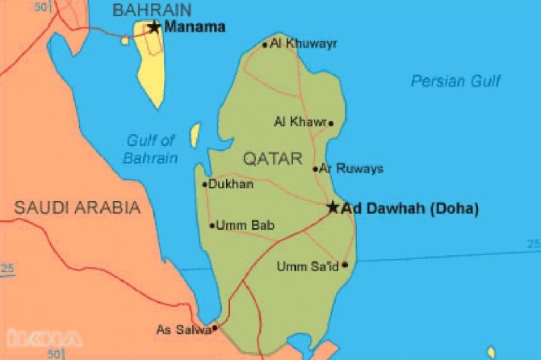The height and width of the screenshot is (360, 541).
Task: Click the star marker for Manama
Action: pos(154,27)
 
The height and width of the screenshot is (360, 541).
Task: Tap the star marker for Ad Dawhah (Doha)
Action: pos(333,207)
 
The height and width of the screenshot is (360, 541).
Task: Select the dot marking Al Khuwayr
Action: pos(265,45)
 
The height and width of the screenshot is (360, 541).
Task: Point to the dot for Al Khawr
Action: pos(330,123)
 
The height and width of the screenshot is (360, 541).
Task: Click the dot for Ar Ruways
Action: pos(315,169)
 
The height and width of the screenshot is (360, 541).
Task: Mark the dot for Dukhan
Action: pos(204,185)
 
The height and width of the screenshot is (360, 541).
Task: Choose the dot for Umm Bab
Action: pos(212,226)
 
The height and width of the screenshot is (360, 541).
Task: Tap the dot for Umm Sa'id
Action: pos(345,265)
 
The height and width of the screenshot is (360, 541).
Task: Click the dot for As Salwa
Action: pos(214,329)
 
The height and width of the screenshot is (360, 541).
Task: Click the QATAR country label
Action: pos(271,157)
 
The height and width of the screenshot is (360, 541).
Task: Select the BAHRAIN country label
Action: pos(152,10)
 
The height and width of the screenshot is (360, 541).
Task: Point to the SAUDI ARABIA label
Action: pos(78,207)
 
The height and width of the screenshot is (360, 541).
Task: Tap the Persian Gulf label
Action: pos(455,81)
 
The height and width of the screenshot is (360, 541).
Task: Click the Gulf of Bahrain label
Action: pos(151,149)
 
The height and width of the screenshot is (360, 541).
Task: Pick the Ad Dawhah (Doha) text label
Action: pos(410,208)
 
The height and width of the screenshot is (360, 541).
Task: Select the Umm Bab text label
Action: pos(245,226)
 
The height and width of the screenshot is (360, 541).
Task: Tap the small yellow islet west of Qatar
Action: pos(195,135)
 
